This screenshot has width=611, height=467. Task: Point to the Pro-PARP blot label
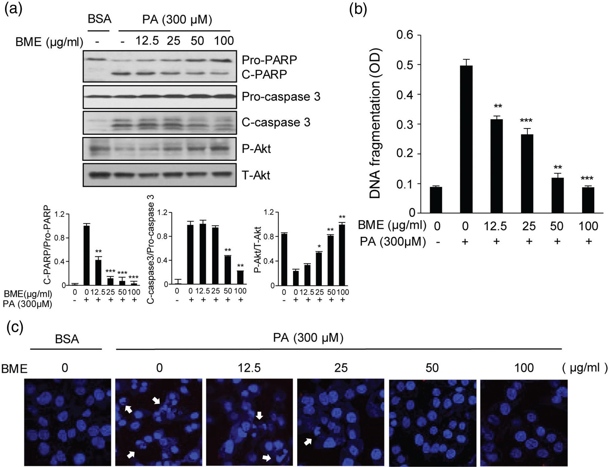(269, 60)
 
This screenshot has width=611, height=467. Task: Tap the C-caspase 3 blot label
(276, 122)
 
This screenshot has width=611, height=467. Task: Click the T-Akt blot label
(256, 175)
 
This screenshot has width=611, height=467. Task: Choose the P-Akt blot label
(256, 149)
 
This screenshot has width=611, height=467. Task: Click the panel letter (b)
(358, 9)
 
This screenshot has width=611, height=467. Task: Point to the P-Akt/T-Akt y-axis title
(258, 250)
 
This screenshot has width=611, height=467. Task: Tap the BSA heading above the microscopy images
(67, 339)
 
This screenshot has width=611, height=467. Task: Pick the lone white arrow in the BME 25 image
(308, 442)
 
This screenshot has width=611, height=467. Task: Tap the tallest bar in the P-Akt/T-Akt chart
(342, 255)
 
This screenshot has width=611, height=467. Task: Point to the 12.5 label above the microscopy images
(249, 368)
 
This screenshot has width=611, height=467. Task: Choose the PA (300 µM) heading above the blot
(177, 19)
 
